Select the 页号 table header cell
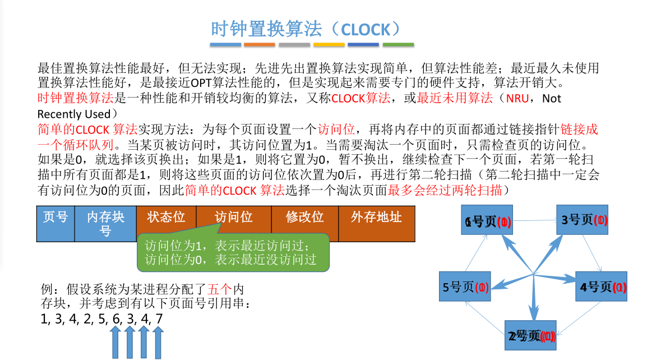55,223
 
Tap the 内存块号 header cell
105,223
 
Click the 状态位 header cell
166,216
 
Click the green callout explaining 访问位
230,252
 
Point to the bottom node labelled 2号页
530,336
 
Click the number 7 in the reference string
159,319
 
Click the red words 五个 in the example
219,290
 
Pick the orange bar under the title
260,45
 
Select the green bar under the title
397,45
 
